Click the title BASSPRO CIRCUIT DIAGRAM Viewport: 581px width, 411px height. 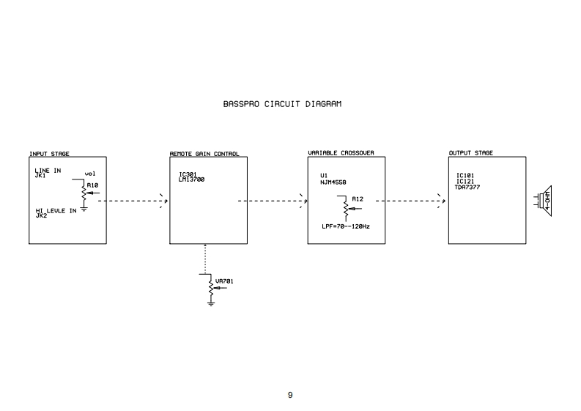[x=282, y=104]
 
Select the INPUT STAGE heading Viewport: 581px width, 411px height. [x=49, y=154]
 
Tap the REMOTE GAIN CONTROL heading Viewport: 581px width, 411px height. [x=204, y=154]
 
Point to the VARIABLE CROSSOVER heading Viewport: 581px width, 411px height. [x=341, y=152]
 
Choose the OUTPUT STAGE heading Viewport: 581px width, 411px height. [x=470, y=152]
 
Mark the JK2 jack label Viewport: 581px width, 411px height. [x=41, y=216]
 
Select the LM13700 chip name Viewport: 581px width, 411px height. [x=193, y=179]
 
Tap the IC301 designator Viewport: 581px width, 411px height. [x=188, y=174]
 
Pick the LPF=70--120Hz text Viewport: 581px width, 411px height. [x=345, y=226]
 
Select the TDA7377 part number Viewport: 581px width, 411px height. [x=468, y=187]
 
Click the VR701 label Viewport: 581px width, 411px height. [x=224, y=281]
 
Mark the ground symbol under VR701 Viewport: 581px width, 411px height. [x=211, y=303]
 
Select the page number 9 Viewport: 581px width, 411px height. [x=290, y=396]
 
